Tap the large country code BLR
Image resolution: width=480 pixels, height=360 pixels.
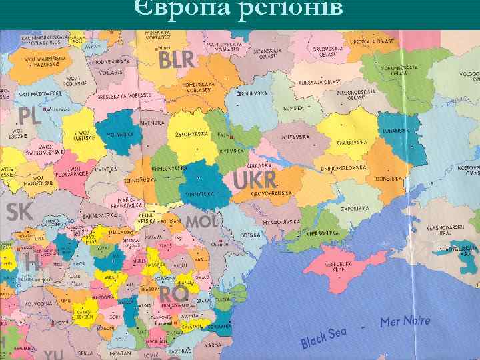pos(177,61)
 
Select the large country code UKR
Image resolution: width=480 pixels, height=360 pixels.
pos(255,179)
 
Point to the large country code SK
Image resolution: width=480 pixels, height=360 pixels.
pos(19,212)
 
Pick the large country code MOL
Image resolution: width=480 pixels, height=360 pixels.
pos(201,221)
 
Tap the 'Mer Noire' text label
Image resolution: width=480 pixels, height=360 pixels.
pos(405,322)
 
